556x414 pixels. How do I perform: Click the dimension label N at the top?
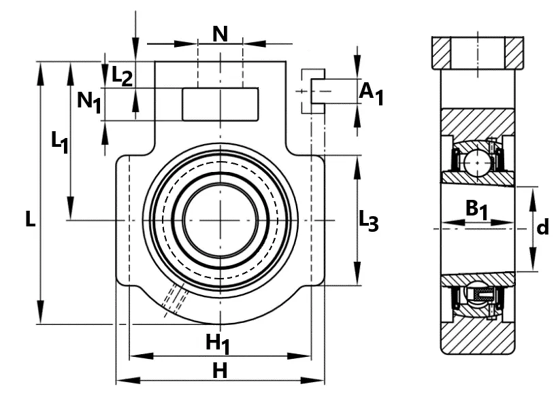click(220, 35)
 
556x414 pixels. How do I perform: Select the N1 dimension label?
click(89, 102)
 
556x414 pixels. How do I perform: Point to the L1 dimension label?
click(60, 142)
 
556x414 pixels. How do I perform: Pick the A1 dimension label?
click(372, 94)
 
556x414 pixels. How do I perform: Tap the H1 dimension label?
click(218, 344)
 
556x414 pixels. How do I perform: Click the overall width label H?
click(220, 370)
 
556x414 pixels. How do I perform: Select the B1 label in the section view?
click(476, 209)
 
